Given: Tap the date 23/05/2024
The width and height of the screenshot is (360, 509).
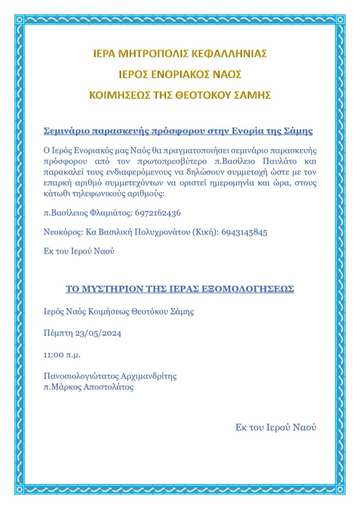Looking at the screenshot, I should (x=98, y=333).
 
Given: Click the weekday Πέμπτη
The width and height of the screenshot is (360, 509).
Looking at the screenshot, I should (x=58, y=333).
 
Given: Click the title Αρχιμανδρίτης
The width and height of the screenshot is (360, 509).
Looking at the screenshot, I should (x=148, y=376).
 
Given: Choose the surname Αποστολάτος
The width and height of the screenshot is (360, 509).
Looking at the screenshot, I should (x=108, y=387).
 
